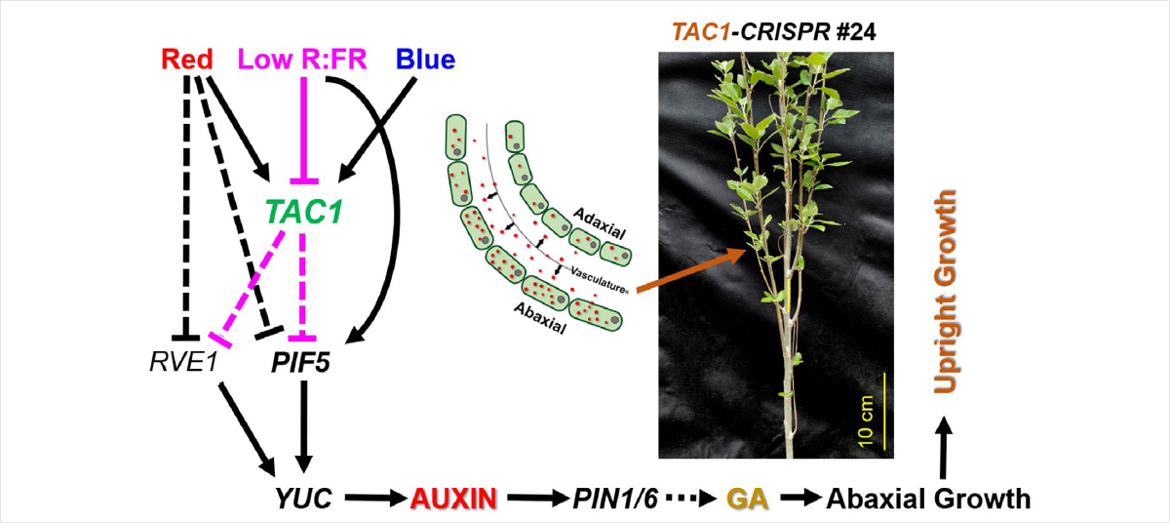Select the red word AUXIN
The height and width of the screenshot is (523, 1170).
pyautogui.click(x=451, y=500)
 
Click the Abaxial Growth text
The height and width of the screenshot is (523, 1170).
pyautogui.click(x=928, y=500)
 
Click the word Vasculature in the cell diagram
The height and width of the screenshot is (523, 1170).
pyautogui.click(x=603, y=276)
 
